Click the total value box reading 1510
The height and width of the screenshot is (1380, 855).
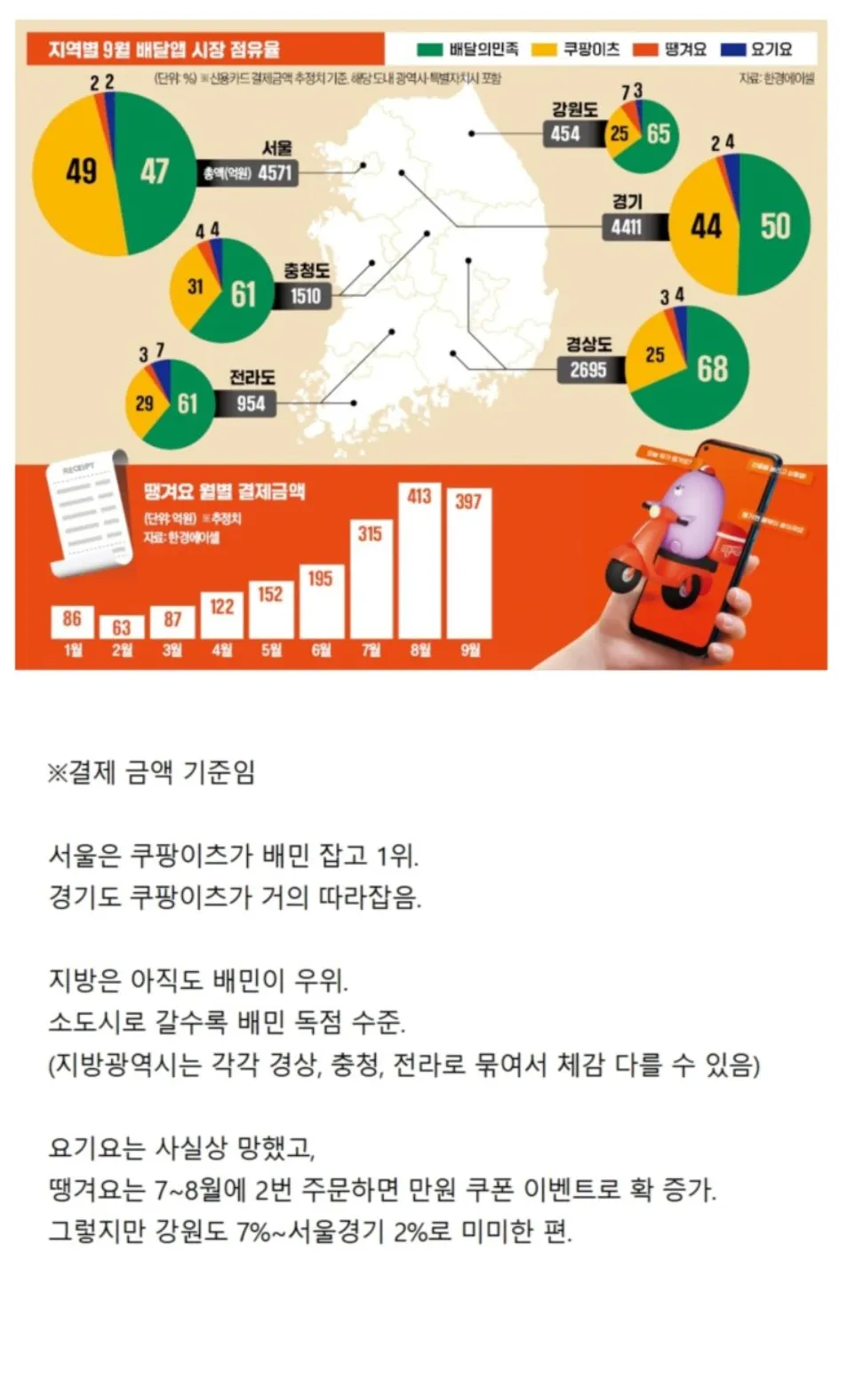(x=305, y=296)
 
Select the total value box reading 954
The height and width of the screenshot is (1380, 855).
(x=250, y=403)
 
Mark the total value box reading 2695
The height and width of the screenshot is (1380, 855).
(x=588, y=370)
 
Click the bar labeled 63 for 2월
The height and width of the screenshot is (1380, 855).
(x=122, y=627)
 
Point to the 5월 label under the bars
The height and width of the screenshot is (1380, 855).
(x=271, y=650)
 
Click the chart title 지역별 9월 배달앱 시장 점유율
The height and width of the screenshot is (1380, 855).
(x=164, y=49)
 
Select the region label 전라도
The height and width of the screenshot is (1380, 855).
(x=252, y=378)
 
